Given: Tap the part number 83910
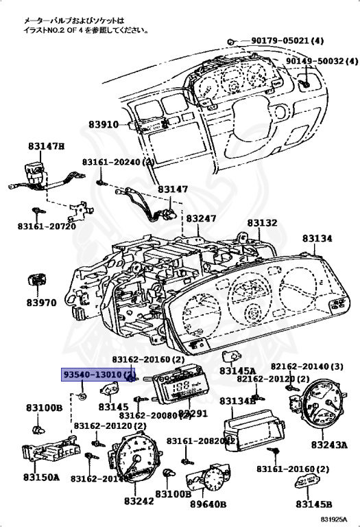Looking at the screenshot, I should (x=104, y=125).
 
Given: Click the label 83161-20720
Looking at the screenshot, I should (x=46, y=225).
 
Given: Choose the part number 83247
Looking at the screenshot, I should (x=202, y=218).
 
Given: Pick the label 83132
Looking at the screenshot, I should (x=262, y=223).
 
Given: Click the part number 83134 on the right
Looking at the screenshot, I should (x=317, y=238).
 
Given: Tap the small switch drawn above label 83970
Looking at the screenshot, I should (x=38, y=280).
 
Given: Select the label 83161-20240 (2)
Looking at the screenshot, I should (x=116, y=163).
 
